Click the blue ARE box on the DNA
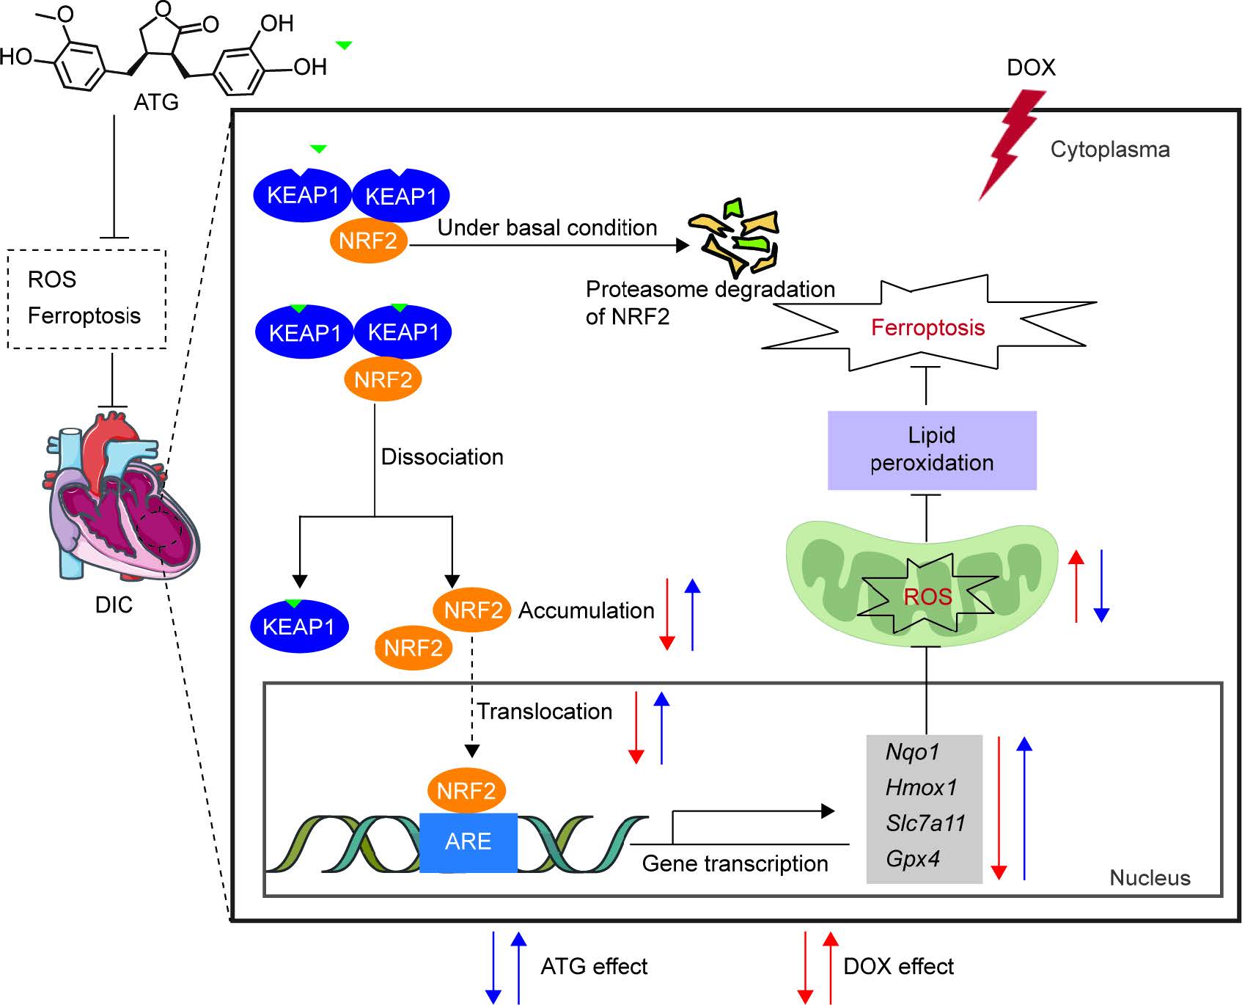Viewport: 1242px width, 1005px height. point(468,841)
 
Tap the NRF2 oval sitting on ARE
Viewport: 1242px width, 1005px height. point(466,791)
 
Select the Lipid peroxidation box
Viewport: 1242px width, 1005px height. point(931,450)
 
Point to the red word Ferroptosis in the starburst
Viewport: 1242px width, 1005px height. point(927,327)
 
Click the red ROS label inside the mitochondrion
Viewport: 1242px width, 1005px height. point(927,596)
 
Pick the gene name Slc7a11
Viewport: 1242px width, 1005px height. point(925,823)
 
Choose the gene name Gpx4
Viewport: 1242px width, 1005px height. point(913,858)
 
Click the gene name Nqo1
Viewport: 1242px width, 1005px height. point(912,752)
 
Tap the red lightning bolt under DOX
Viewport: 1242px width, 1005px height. point(1012,143)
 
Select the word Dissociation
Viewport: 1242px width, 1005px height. point(442,457)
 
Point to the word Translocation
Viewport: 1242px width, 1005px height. point(545,712)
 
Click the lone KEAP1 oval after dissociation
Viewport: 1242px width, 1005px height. point(299,626)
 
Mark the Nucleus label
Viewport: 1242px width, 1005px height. point(1150,878)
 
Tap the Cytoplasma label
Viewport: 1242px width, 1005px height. point(1110,150)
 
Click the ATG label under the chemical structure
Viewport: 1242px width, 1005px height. point(156,102)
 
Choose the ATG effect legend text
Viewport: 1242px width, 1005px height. point(594,967)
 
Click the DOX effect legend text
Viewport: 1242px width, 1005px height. point(898,967)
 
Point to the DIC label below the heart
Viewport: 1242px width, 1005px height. point(114,605)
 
